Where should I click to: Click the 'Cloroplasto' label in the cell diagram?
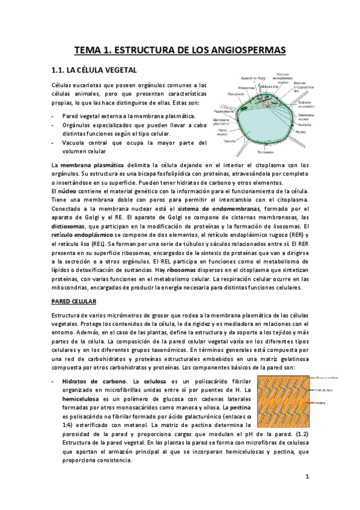tap(236, 94)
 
